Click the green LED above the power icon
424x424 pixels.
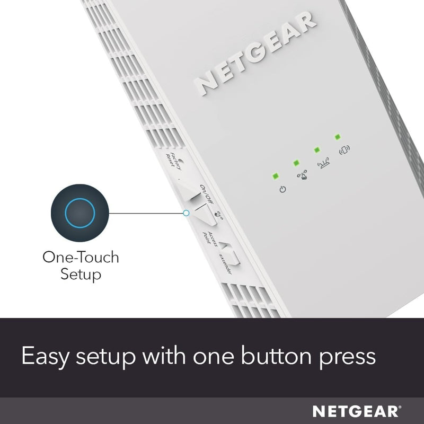tap(275, 176)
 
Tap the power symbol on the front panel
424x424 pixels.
tap(282, 189)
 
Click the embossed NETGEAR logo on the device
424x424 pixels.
tap(255, 54)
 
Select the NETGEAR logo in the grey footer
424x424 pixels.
tap(357, 411)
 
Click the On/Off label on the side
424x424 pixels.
tap(207, 194)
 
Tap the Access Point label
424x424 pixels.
tap(210, 238)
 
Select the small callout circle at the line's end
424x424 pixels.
tap(186, 213)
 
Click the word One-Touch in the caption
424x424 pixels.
tap(81, 257)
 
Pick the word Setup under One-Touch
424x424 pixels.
tap(81, 275)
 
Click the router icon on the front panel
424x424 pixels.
tap(323, 163)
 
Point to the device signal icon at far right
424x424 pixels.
tap(344, 150)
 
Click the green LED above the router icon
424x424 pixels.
tap(317, 150)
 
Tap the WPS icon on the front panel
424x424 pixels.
tap(302, 175)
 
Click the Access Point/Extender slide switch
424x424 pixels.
tap(230, 253)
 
